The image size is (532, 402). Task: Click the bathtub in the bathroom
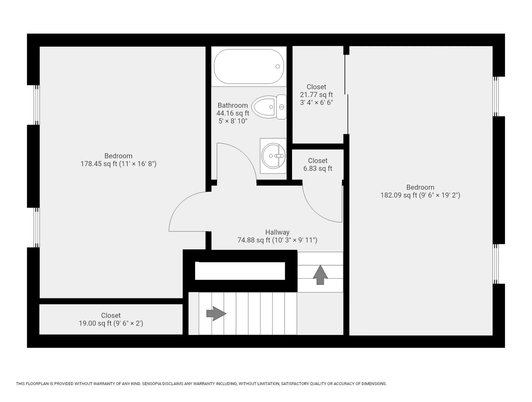(x=249, y=66)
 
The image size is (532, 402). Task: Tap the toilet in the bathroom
(x=269, y=107)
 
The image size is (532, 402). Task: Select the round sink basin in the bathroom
(x=273, y=156)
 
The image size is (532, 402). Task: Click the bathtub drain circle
(x=278, y=66)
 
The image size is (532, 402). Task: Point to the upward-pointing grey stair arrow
(x=320, y=275)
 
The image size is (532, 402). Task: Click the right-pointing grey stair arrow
(x=216, y=314)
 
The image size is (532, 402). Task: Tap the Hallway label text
(x=277, y=232)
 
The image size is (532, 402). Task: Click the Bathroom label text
(x=233, y=105)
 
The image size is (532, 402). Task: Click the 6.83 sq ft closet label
(x=318, y=168)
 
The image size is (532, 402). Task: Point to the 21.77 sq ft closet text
(x=316, y=95)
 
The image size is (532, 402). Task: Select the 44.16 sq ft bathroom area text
(x=233, y=113)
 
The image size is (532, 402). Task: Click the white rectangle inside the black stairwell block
(x=240, y=271)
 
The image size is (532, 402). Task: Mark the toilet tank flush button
(x=282, y=107)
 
